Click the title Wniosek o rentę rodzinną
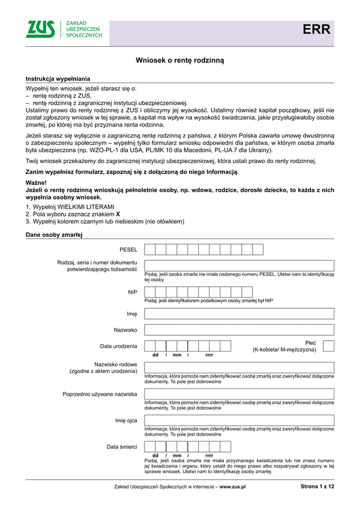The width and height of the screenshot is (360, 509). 179,61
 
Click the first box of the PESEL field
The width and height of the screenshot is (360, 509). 150,249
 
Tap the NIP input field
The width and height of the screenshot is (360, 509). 239,292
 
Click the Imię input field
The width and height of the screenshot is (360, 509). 239,313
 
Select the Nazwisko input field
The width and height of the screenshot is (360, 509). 239,330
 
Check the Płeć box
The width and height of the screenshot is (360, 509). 329,346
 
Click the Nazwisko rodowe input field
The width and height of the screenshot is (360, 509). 239,368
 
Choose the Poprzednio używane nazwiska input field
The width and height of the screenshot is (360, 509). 239,394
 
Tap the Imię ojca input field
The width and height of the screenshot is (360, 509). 239,420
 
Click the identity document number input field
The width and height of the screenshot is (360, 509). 239,266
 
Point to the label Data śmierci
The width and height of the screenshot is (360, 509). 122,447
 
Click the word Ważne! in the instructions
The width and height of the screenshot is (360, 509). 36,181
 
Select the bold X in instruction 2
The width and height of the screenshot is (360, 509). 118,213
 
